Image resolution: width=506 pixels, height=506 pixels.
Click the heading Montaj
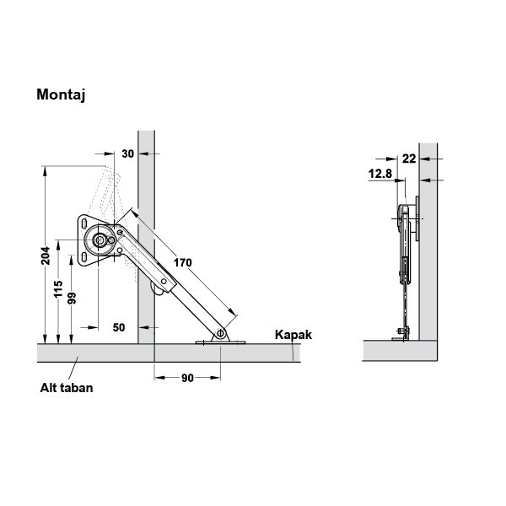point(61,95)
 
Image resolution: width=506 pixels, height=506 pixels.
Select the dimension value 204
point(46,256)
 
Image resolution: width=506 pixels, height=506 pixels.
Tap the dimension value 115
point(58,289)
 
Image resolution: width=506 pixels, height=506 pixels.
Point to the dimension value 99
point(72,299)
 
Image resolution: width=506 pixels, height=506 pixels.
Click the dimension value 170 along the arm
point(183,262)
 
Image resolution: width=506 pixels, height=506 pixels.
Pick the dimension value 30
point(128,154)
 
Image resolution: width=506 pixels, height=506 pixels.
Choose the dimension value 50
point(119,327)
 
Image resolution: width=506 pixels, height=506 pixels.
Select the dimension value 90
point(187,378)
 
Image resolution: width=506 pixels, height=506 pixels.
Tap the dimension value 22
point(409,159)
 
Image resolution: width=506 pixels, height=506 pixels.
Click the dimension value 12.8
point(380,174)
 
